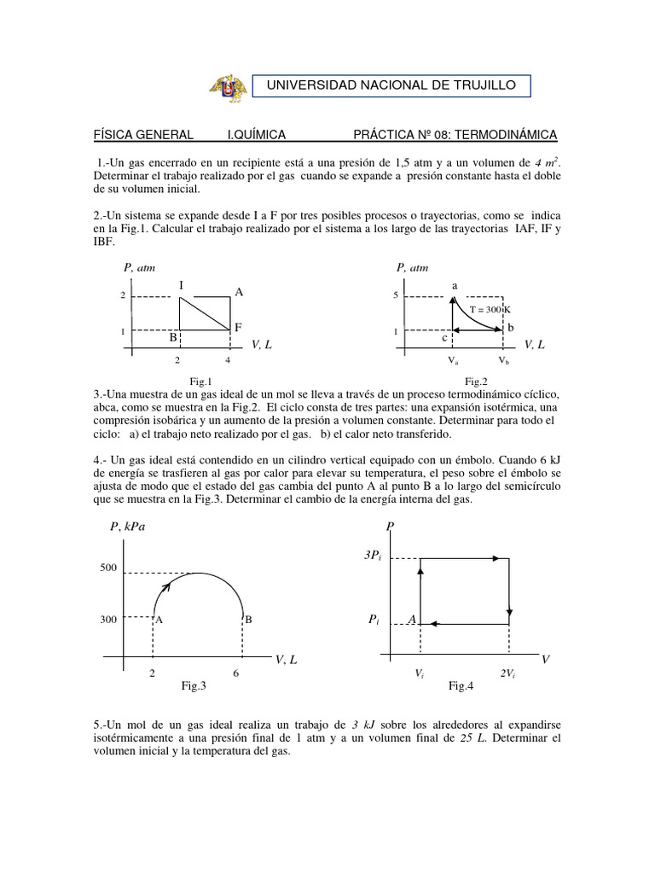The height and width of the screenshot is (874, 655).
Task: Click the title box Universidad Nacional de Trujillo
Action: tap(392, 85)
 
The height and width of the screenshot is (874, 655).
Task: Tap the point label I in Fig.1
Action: tap(181, 284)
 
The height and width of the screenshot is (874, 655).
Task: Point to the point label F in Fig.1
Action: tap(239, 327)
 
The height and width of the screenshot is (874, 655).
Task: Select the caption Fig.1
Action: tap(200, 382)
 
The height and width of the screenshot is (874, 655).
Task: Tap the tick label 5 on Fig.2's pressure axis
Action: tap(396, 295)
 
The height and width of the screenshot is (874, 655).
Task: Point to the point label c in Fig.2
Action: tap(444, 338)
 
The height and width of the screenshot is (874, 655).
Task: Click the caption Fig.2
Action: tap(475, 382)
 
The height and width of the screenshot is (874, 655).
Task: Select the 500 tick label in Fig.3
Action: tap(107, 568)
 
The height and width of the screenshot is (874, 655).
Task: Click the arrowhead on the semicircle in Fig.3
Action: tap(165, 586)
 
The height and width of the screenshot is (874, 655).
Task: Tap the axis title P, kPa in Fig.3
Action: tap(128, 526)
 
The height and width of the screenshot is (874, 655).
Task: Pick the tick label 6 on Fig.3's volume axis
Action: tap(235, 673)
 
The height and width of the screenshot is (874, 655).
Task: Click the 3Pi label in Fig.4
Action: tap(374, 556)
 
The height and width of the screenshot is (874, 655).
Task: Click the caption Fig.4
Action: tap(461, 685)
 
